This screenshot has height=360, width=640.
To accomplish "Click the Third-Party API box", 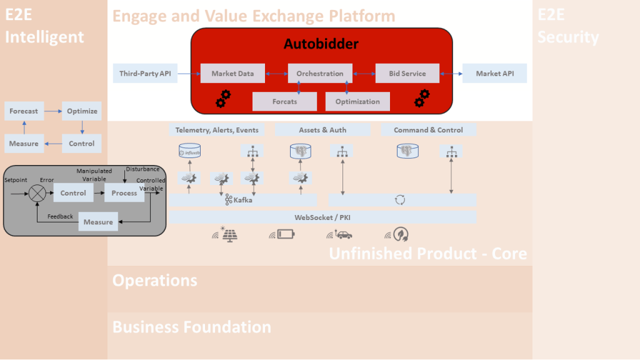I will point(145,74).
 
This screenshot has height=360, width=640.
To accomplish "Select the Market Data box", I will point(232,74).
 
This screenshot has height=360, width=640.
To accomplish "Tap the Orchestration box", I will point(320,74).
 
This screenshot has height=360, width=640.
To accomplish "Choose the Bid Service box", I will point(407,74).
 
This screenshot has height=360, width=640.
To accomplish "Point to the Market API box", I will point(494,74).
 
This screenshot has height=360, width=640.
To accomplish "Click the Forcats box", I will point(284,101).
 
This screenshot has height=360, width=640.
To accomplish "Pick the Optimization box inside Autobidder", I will point(357,101).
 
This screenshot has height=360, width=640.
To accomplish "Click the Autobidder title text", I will point(321,44).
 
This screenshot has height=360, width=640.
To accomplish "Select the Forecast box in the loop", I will point(24,111).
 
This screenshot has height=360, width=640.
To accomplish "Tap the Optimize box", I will point(82,111).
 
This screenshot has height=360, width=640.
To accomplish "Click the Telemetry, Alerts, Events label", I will point(216,130).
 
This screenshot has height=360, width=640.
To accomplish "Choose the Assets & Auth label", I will point(322,130).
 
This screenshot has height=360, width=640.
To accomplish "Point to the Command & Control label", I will point(428,130).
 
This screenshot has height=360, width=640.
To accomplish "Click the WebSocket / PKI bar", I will point(322,217).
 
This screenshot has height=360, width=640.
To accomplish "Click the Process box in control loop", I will point(124,193).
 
